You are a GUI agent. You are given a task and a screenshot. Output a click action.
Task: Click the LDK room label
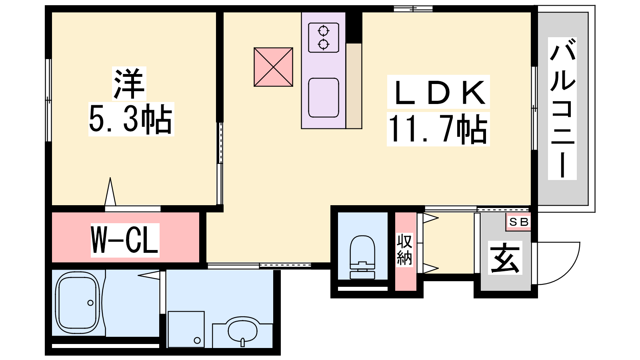438,92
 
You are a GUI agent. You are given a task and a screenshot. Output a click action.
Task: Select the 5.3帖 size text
131,119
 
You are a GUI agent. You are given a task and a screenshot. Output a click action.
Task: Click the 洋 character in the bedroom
129,84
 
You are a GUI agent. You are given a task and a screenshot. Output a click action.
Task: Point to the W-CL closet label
125,240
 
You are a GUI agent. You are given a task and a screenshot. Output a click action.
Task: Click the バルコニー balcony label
562,108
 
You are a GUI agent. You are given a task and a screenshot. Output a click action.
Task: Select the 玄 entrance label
505,258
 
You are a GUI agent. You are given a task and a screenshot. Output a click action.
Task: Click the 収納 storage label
404,249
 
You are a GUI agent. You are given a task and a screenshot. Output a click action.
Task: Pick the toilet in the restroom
362,257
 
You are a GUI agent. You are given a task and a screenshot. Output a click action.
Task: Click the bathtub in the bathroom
78,304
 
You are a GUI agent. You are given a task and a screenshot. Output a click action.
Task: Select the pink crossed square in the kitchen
274,67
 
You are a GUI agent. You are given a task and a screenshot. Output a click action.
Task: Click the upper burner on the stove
324,30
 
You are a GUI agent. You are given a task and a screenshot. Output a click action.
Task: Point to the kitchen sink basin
324,98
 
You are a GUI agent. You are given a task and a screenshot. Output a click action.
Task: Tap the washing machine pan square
186,329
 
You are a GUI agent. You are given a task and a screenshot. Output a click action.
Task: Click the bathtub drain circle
90,303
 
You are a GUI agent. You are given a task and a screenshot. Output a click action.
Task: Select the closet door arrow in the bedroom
110,192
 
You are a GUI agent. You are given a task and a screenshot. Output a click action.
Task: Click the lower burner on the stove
324,44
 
